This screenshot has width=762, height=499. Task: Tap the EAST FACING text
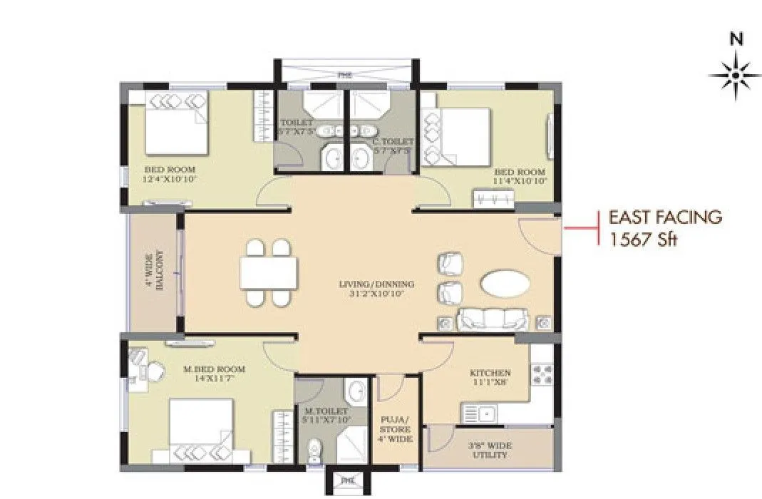click(664, 217)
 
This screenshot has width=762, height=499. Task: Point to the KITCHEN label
click(490, 378)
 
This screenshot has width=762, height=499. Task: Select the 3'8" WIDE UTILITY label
click(489, 451)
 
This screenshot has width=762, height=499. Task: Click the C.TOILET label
click(393, 146)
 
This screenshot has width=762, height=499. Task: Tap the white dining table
click(269, 273)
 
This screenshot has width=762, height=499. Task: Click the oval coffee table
click(505, 284)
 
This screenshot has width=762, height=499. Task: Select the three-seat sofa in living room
click(493, 320)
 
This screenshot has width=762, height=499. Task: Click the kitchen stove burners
click(542, 374)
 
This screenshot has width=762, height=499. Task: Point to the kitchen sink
click(480, 413)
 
